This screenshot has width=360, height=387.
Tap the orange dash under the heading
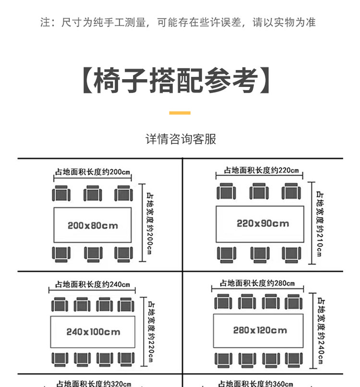[x=180, y=113]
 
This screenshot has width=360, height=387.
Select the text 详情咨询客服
[x=180, y=140]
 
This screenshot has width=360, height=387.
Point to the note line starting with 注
[x=178, y=23]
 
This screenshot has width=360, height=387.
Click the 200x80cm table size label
[x=93, y=225]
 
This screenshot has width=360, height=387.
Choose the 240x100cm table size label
[x=93, y=332]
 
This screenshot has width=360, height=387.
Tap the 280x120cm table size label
[x=260, y=330]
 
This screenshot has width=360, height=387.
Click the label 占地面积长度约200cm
[x=93, y=171]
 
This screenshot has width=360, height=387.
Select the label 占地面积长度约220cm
[x=261, y=171]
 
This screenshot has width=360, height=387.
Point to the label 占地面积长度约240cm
[x=93, y=284]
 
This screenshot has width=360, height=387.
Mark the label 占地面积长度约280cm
[x=257, y=283]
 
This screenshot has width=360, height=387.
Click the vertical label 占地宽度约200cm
[x=150, y=222]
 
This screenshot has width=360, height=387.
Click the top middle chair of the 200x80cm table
[x=93, y=194]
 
